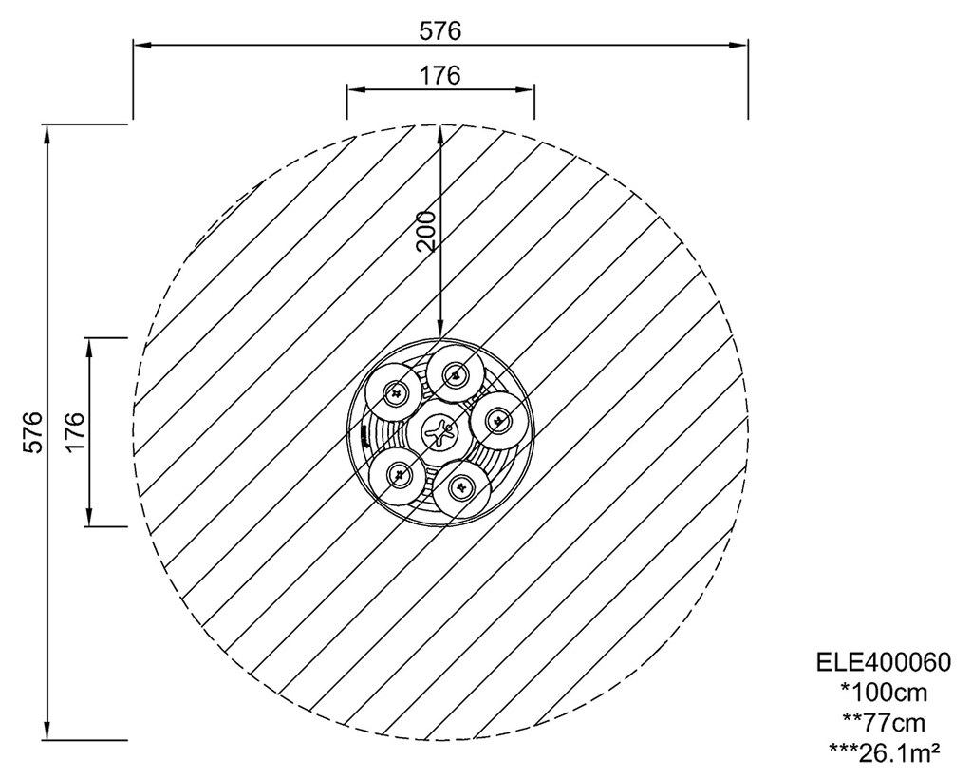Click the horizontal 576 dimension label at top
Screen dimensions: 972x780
pos(440,30)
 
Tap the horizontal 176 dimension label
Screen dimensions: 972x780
pos(440,75)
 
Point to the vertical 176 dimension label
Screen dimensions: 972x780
pos(74,432)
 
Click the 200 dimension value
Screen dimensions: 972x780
pos(426,231)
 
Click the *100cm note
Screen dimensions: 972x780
pos(884,692)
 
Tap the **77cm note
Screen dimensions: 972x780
pos(884,722)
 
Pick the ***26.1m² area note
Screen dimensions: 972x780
pos(884,752)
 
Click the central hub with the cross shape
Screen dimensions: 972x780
pos(440,432)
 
